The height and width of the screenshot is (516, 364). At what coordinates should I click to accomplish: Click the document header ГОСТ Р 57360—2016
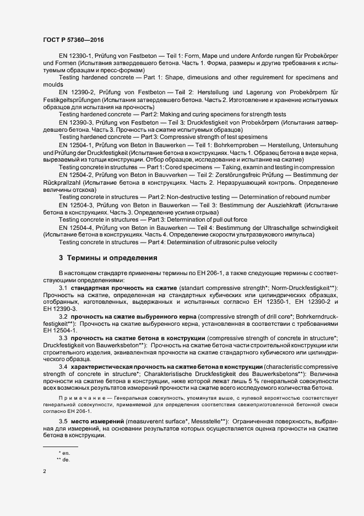click(73, 40)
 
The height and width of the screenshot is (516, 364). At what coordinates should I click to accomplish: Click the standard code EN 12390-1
click(77, 57)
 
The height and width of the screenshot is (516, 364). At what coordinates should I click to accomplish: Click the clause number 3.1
click(63, 289)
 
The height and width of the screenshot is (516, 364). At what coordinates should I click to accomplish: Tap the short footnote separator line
click(61, 445)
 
